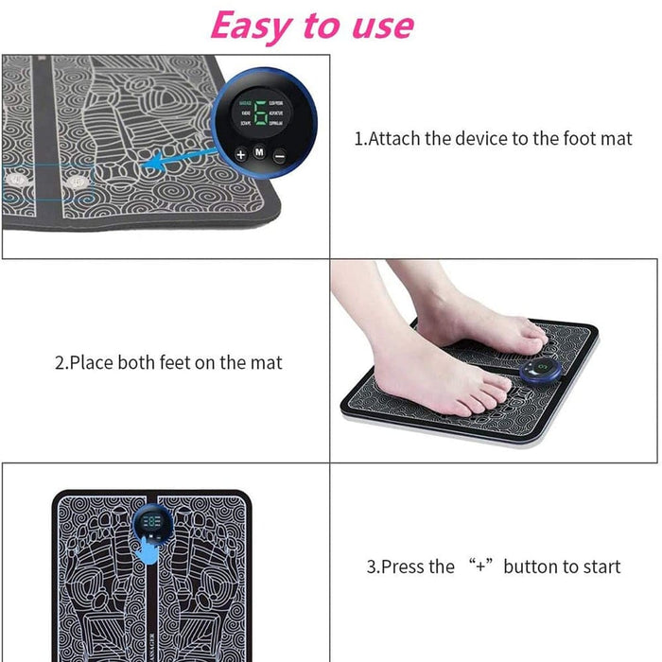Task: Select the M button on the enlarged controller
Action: tap(258, 152)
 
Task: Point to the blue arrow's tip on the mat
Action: tap(143, 166)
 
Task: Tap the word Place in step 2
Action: tap(91, 362)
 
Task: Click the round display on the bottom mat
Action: tap(150, 523)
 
